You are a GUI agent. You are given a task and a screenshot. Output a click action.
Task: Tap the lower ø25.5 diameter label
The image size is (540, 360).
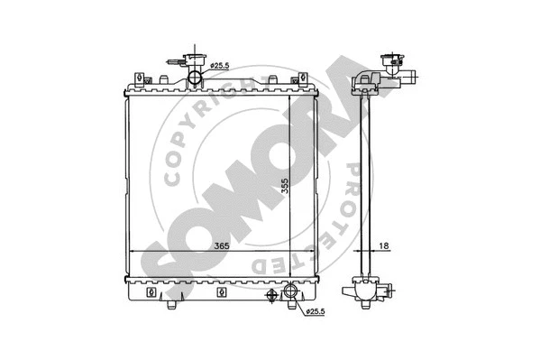315,313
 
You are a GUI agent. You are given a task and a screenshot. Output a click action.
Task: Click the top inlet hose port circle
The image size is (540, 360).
196,78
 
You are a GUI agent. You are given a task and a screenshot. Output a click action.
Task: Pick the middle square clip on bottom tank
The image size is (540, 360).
221,293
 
